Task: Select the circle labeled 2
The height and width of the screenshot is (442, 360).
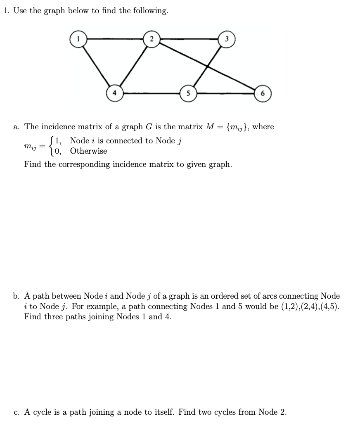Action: pyautogui.click(x=152, y=39)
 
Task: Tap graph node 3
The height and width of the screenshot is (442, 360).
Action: pyautogui.click(x=227, y=40)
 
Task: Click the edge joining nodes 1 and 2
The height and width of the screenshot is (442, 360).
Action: pyautogui.click(x=114, y=39)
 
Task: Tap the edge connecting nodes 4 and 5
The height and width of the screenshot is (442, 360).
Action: pyautogui.click(x=151, y=93)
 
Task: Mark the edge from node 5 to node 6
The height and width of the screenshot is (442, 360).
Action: pyautogui.click(x=225, y=93)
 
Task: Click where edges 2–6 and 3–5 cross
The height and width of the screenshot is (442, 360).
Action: pyautogui.click(x=208, y=65)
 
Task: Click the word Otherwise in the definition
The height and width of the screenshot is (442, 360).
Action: pyautogui.click(x=88, y=151)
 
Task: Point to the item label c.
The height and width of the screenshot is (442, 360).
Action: pyautogui.click(x=16, y=412)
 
